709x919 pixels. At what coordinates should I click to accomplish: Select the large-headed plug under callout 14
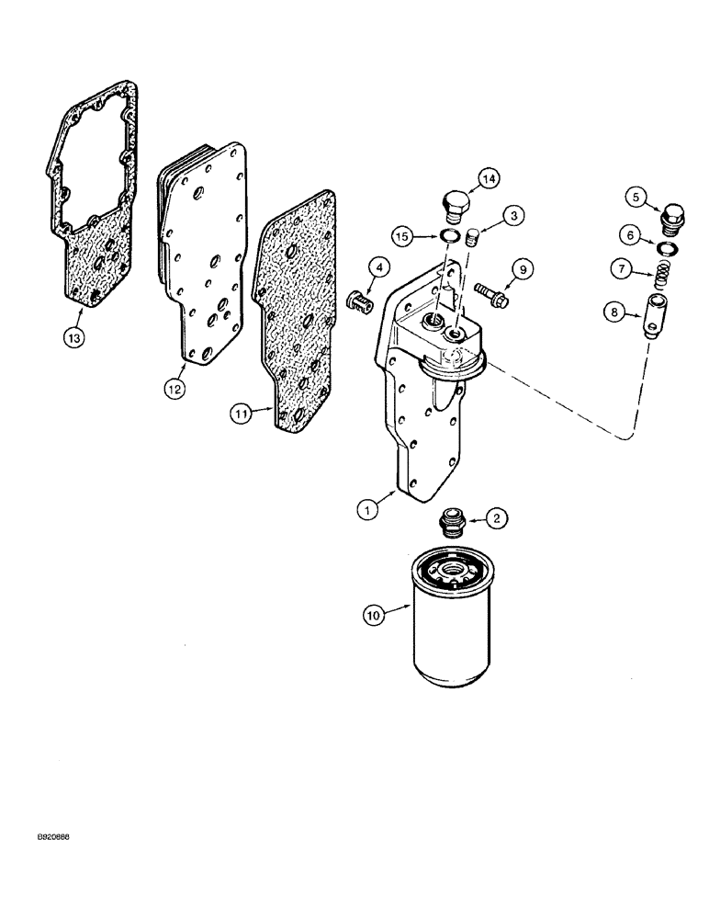[456, 208]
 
